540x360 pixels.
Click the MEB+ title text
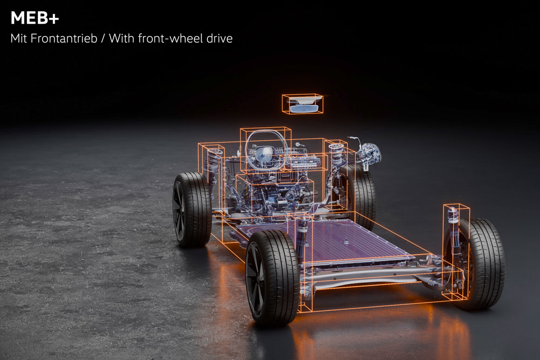pos(35,18)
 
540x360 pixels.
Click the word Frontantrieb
pos(64,38)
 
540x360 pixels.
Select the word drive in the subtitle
pos(219,38)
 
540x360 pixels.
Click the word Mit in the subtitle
pos(18,38)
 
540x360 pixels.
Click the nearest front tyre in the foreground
pos(272,278)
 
